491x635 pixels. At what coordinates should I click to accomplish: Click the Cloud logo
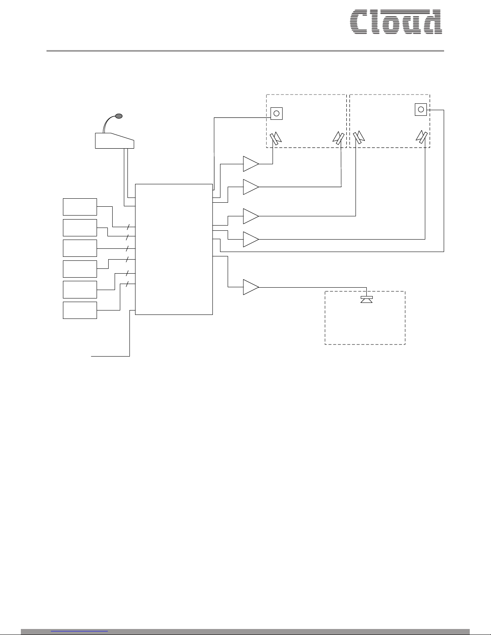396,22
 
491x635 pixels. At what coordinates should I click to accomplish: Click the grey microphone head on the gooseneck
119,116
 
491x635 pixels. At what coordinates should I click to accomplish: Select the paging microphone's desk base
115,141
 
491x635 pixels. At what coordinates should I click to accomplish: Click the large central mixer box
174,249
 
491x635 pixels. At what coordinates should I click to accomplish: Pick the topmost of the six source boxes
80,207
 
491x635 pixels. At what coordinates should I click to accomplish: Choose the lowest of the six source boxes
80,310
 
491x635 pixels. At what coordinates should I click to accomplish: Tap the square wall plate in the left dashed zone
277,113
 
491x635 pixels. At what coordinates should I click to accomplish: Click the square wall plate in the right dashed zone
421,110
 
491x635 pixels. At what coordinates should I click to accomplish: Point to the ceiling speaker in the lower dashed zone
366,299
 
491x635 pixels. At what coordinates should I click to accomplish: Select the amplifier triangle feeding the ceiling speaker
251,287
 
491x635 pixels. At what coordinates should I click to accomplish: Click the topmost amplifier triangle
251,164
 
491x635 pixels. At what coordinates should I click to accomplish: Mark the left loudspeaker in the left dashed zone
276,138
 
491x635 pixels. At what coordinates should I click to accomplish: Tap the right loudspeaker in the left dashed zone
338,138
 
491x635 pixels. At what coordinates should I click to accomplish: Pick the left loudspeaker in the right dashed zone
359,137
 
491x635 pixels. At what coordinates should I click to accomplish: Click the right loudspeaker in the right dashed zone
422,137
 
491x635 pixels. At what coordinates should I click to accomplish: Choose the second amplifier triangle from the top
251,187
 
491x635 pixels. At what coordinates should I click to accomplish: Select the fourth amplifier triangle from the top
251,239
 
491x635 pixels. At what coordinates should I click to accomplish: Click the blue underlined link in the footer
79,631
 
